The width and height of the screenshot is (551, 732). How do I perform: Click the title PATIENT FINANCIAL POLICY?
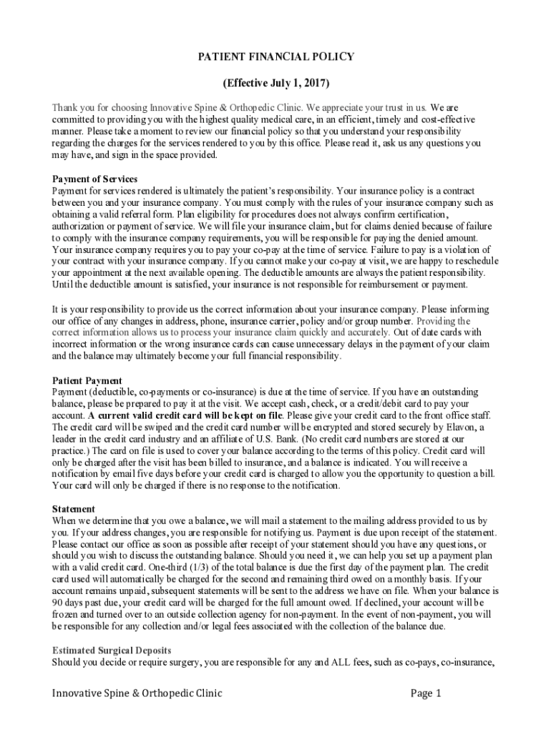click(x=275, y=57)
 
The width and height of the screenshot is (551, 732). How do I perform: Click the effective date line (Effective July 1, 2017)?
click(x=275, y=83)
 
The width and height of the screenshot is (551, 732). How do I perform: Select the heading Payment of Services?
click(x=94, y=179)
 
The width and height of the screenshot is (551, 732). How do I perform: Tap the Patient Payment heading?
click(x=87, y=380)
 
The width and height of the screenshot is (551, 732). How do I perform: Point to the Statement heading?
click(x=74, y=509)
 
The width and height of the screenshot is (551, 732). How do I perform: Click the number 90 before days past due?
click(x=58, y=604)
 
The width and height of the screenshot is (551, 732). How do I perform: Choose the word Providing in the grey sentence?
click(x=448, y=320)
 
